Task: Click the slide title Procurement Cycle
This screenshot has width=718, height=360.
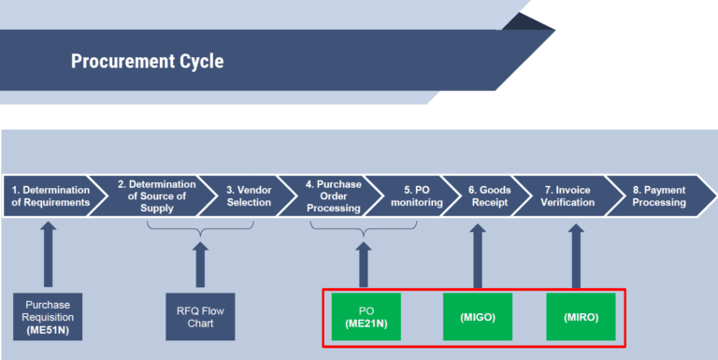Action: [147, 62]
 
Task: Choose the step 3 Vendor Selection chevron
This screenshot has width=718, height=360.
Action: [249, 195]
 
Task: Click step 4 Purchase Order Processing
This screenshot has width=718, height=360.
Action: [333, 195]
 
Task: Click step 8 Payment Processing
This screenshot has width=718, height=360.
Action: [658, 195]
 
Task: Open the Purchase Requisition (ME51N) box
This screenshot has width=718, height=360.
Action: [48, 316]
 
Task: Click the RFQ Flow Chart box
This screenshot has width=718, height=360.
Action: [200, 316]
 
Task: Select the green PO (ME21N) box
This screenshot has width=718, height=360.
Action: [366, 316]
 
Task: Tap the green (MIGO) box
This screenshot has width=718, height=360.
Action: [478, 316]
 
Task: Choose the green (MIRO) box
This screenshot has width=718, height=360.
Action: [581, 316]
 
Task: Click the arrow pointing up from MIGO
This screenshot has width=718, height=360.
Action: [478, 254]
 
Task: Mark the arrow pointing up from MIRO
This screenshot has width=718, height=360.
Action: [576, 254]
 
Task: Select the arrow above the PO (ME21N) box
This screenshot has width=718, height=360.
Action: [364, 263]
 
